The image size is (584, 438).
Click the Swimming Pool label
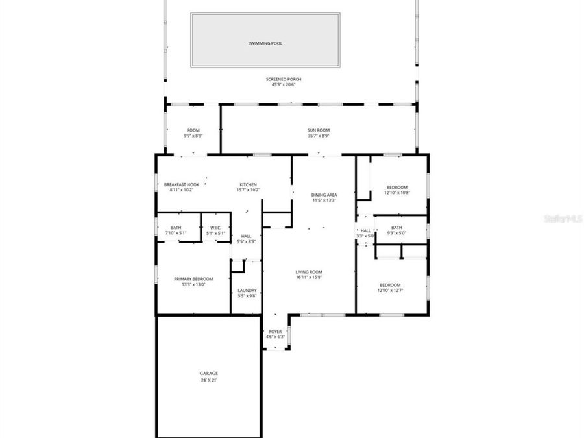[265, 43]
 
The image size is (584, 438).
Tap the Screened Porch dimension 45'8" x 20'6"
[284, 85]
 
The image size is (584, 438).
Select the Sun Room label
[319, 130]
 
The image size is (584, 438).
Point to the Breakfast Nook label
[181, 184]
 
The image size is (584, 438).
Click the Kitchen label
[248, 184]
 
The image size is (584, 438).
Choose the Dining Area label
[324, 195]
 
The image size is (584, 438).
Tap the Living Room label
[309, 272]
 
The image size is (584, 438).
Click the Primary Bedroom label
[193, 279]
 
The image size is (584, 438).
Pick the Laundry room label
[247, 290]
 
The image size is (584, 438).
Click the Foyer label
[276, 332]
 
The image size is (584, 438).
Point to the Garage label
[208, 373]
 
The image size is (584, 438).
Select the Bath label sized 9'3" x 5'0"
[396, 227]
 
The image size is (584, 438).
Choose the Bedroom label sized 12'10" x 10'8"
[396, 188]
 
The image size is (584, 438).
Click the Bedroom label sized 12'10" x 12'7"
[390, 285]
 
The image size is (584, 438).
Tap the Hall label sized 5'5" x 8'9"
[246, 236]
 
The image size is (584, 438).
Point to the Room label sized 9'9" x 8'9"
[193, 130]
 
